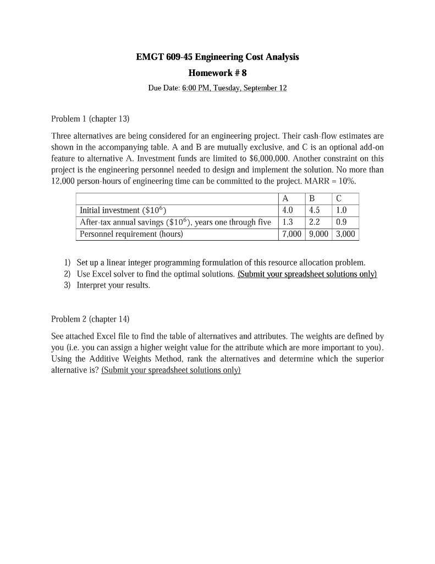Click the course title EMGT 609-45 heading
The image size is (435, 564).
point(217,57)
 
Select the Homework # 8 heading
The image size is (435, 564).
point(217,73)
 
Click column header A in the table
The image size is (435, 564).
point(285,199)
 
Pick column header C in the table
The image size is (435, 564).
point(338,199)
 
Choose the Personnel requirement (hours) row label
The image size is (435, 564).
point(131,234)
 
